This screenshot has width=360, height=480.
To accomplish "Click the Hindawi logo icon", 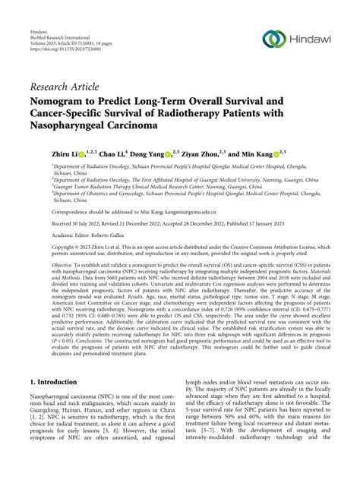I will tap(273, 39).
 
